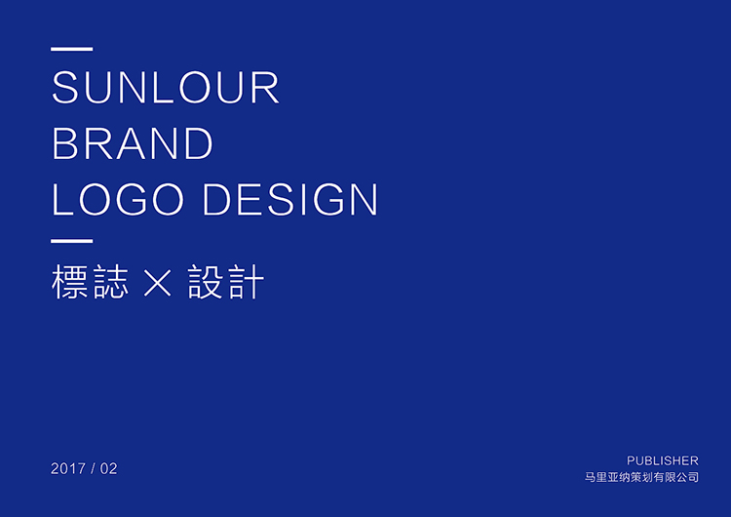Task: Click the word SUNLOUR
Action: point(165,87)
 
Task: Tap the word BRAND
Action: point(133,143)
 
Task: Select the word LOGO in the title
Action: point(118,199)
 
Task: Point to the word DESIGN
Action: point(290,199)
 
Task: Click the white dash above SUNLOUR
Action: point(72,49)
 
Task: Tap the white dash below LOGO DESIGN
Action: point(72,241)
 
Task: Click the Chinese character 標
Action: point(69,281)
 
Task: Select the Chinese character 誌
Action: point(110,281)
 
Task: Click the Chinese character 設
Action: point(205,281)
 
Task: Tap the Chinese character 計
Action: point(246,281)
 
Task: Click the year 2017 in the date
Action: point(68,468)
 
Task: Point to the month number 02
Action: point(108,468)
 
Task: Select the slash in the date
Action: point(93,468)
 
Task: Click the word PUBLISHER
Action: point(663,460)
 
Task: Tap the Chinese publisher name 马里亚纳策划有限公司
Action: point(642,477)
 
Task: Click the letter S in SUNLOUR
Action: point(64,87)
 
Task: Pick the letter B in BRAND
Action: point(64,143)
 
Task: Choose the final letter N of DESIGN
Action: point(364,199)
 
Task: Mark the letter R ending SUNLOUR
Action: point(265,87)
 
